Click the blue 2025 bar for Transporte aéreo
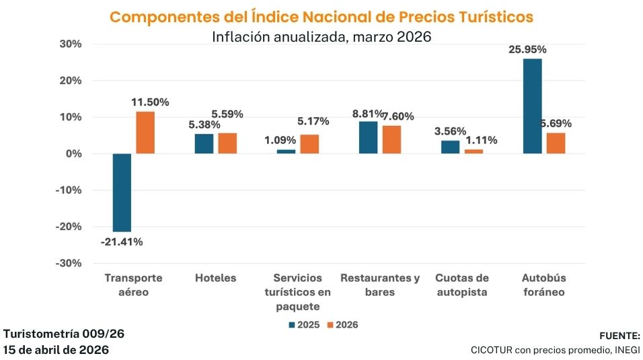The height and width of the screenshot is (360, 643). (122, 192)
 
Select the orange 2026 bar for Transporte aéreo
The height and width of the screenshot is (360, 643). (145, 133)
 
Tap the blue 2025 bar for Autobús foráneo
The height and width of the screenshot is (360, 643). (532, 106)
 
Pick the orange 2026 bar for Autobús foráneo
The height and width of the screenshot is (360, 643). (556, 143)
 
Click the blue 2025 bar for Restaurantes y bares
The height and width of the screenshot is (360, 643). (368, 137)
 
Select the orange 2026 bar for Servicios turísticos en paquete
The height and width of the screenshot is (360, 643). (309, 144)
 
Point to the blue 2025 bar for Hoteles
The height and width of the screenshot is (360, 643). (204, 144)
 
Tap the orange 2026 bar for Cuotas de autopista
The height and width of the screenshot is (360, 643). (474, 151)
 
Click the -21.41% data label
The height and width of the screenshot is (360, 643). (122, 242)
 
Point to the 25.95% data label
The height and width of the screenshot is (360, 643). (531, 49)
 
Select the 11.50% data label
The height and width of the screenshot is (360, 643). (149, 102)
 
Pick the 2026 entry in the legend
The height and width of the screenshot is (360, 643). (342, 325)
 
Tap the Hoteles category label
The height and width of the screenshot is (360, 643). (215, 278)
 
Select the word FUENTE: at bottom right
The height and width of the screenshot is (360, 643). (619, 335)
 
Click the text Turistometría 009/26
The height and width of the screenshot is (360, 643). (64, 334)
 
